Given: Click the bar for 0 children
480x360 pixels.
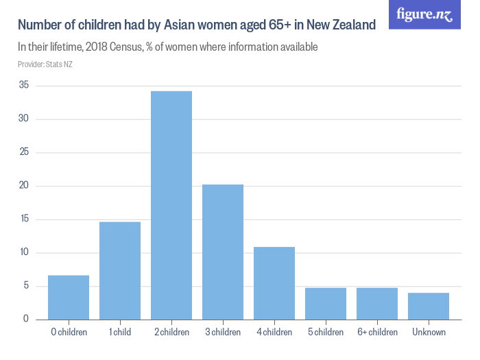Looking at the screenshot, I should click(x=69, y=298).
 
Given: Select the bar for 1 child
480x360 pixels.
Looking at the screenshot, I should click(x=120, y=271).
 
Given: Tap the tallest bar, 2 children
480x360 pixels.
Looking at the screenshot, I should click(x=171, y=206).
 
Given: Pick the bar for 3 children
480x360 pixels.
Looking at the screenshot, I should click(x=223, y=252).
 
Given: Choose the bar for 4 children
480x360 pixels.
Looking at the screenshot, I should click(x=274, y=283).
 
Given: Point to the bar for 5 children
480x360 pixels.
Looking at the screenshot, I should click(x=326, y=304).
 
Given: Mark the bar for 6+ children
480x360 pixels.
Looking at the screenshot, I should click(x=377, y=304).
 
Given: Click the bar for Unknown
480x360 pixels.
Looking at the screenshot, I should click(x=429, y=307).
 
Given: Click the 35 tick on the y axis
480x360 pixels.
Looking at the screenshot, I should click(x=24, y=86).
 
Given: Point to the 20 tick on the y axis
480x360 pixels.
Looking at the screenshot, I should click(x=24, y=186).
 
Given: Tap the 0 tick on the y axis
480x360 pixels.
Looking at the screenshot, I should click(x=26, y=320).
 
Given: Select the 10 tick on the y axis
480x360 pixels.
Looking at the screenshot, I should click(x=24, y=252).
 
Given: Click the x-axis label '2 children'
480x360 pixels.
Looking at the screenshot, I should click(x=171, y=333).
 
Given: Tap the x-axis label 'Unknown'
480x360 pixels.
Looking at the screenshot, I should click(x=429, y=333).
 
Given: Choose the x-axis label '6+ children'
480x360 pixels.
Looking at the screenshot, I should click(x=377, y=333).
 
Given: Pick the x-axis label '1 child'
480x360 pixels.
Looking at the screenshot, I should click(x=120, y=333).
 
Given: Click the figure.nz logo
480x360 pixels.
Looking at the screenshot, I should click(x=424, y=14).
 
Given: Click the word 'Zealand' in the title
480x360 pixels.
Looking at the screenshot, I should click(x=352, y=25).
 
